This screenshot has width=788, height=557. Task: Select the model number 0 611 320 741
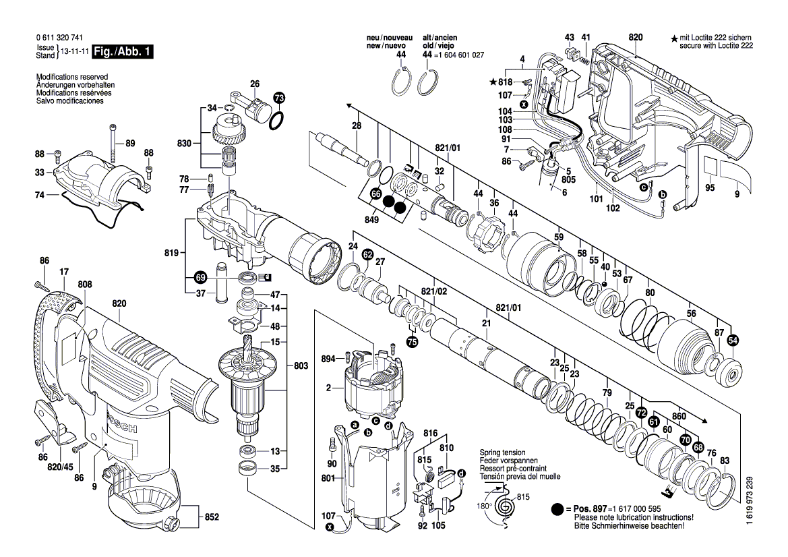[60, 39]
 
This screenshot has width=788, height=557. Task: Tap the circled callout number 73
[279, 98]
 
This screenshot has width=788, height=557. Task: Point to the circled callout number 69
[200, 276]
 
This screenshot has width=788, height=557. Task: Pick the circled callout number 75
[411, 342]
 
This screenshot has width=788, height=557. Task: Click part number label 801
[328, 479]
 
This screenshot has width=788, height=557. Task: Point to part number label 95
[710, 187]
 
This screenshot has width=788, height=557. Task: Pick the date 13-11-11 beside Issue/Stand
[73, 51]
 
